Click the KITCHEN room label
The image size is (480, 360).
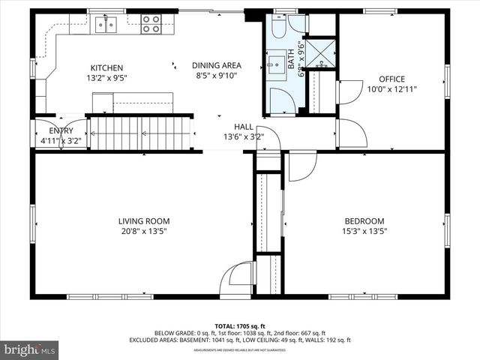[x=106, y=67]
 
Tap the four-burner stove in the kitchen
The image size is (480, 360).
[x=151, y=24]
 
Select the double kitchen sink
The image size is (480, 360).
[x=107, y=26]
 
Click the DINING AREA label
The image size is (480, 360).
[x=216, y=65]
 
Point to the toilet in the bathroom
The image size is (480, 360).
[x=278, y=28]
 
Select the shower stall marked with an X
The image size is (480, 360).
[x=322, y=52]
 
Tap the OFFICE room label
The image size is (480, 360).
[x=391, y=79]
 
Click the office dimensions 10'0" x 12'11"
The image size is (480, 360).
[x=391, y=88]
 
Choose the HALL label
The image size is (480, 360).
[x=243, y=127]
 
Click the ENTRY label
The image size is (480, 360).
[x=61, y=130]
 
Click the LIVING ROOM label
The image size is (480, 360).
[x=143, y=221]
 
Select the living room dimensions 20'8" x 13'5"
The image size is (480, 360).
[x=143, y=231]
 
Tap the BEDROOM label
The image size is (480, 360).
[x=364, y=221]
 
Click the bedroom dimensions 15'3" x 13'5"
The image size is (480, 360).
[x=364, y=231]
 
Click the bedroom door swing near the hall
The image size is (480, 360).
[x=301, y=166]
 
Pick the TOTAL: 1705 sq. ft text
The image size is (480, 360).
[x=239, y=326]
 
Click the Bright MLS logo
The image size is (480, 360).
[x=30, y=349]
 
